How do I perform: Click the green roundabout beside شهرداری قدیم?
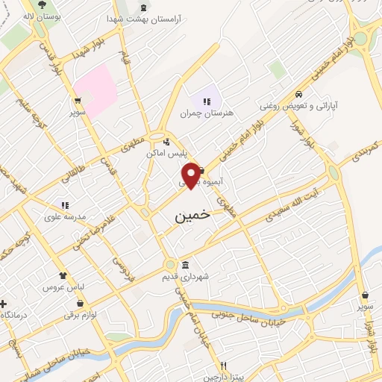coord(171,265)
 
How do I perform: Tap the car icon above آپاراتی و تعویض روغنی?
coord(298,94)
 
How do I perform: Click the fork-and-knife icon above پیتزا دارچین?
coord(223,367)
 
